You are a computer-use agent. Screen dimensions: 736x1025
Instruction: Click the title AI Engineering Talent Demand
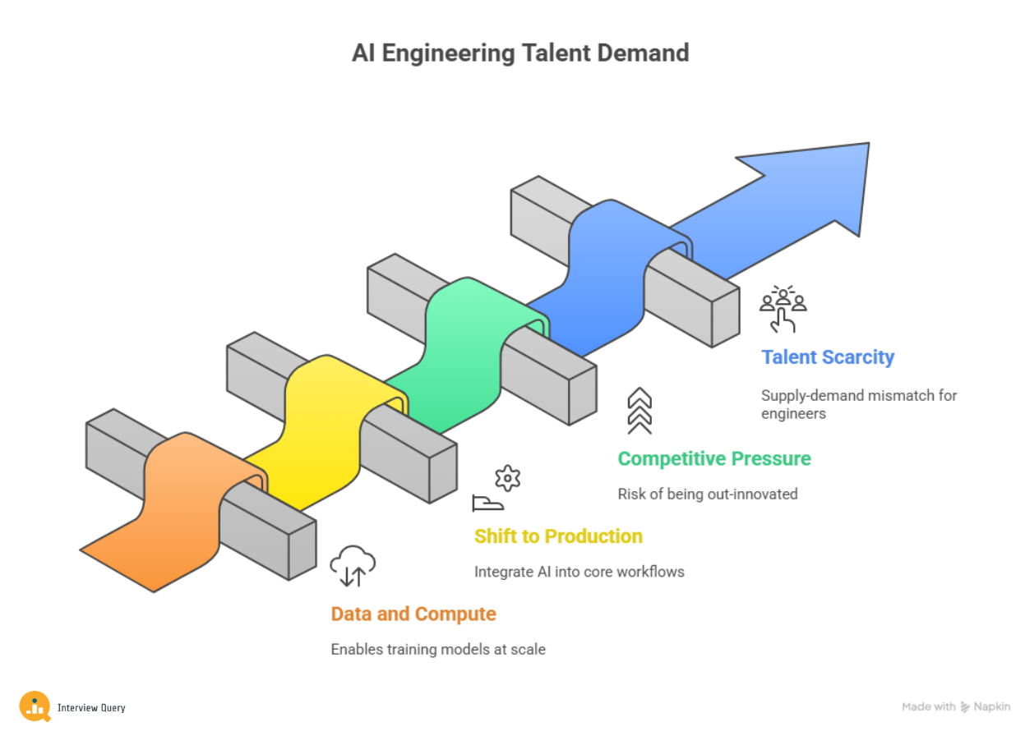(520, 53)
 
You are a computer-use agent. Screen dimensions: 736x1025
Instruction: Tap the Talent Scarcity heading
(828, 357)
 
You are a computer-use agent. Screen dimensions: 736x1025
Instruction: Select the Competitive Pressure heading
(713, 458)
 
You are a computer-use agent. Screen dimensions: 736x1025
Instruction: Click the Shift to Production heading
(558, 536)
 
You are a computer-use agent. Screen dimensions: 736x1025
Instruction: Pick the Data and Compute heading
(413, 614)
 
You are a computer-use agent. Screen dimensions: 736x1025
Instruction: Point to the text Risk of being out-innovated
(707, 494)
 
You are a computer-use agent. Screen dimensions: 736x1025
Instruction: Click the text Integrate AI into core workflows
(579, 572)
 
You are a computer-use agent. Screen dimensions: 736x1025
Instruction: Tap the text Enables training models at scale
(438, 650)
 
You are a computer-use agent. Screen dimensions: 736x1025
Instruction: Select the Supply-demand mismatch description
(859, 404)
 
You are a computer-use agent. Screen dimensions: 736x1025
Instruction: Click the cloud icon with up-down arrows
(353, 566)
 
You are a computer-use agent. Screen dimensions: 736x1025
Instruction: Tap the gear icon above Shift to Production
(507, 478)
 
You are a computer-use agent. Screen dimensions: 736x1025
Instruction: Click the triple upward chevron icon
(639, 411)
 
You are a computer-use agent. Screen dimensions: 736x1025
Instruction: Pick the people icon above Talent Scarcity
(783, 308)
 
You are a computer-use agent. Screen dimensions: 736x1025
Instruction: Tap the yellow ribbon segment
(321, 427)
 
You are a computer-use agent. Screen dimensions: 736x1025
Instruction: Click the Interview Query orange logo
(35, 706)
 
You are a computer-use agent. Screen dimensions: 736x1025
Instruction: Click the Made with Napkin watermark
(956, 706)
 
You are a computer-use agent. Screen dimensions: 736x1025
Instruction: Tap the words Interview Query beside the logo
(91, 707)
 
